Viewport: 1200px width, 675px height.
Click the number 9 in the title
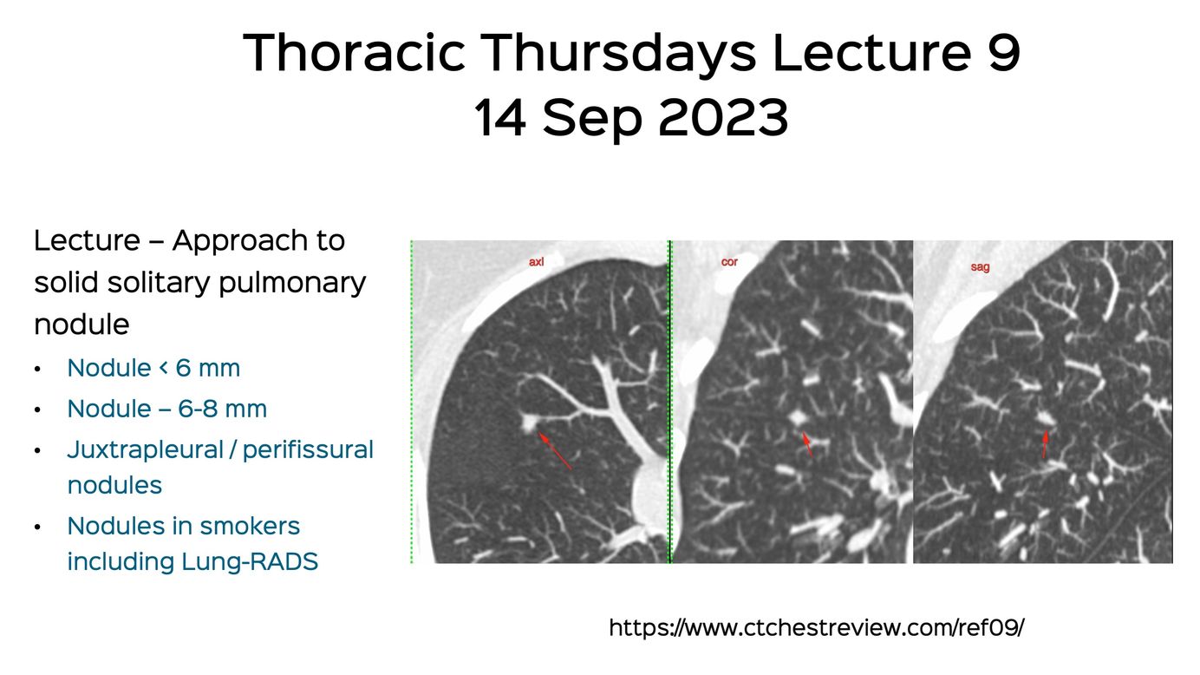tap(1004, 52)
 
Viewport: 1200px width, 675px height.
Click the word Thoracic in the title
tap(354, 52)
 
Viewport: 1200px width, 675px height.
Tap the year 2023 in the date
tap(723, 117)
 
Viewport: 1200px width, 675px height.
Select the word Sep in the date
tap(592, 120)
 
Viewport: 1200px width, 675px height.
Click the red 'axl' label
tap(536, 262)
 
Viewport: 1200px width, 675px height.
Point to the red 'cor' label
tap(729, 262)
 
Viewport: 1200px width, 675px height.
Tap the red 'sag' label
tap(980, 266)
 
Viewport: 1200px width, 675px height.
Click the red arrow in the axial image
tap(555, 451)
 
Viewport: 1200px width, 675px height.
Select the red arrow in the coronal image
tap(807, 445)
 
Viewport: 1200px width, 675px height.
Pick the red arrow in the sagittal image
tap(1045, 444)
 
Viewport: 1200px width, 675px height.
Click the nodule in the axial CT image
tap(529, 423)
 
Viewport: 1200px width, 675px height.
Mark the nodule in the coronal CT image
tap(798, 417)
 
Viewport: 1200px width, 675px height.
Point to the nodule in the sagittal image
tap(1044, 417)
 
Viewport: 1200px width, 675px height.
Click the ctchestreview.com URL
tap(817, 627)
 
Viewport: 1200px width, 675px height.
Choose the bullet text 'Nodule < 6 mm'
tap(153, 368)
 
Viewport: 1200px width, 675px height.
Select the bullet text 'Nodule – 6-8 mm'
tap(167, 409)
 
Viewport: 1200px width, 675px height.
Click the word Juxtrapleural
tap(145, 450)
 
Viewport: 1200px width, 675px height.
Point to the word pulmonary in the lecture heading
tap(292, 283)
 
